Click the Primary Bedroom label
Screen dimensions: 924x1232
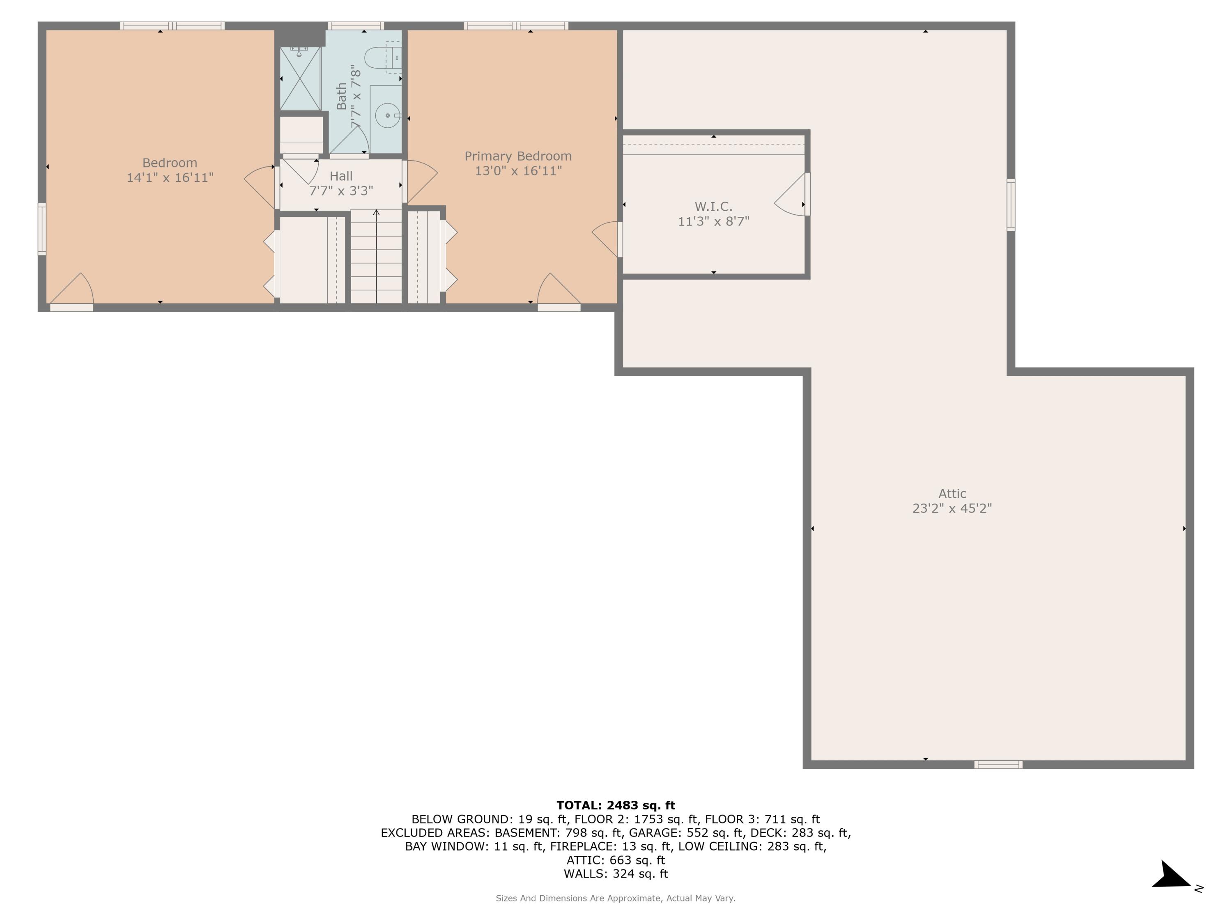pos(518,156)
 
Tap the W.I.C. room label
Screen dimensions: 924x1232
pos(713,207)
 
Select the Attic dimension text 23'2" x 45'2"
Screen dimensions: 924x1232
pos(952,508)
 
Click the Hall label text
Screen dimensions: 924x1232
pos(341,176)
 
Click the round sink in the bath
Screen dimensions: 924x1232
pos(387,116)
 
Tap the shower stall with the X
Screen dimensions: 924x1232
pos(300,78)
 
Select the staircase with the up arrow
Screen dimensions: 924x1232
pos(376,256)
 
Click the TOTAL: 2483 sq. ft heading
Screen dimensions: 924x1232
pos(616,805)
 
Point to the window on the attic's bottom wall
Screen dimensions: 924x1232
pos(998,765)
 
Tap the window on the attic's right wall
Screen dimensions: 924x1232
pos(1011,205)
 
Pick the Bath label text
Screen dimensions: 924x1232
pos(341,97)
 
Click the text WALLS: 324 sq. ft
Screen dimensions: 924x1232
pos(616,874)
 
